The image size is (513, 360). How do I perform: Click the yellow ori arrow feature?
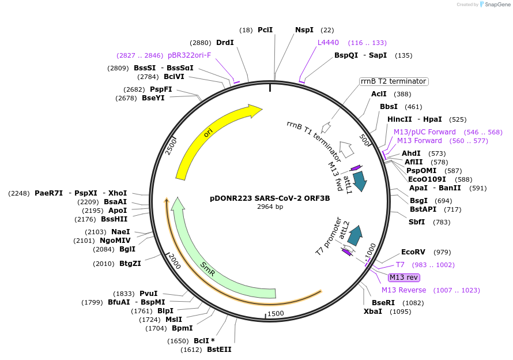pos(208,136)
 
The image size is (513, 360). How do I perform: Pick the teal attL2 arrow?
pos(355,234)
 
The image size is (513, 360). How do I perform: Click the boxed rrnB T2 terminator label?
pos(394,81)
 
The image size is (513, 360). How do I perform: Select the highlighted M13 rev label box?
pos(404,277)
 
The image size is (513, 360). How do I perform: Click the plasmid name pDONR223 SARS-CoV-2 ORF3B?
pos(270,198)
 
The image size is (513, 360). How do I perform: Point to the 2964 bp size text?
pos(270,207)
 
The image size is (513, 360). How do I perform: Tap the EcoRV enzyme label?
pos(413,252)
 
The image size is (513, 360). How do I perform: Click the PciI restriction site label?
pos(265,29)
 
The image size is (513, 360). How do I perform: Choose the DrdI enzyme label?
pos(225,43)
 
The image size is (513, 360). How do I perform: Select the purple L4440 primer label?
pos(329,43)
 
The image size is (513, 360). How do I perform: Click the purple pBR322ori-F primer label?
pos(189,55)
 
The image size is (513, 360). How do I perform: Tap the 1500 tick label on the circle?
pos(276,313)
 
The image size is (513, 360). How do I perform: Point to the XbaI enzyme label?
pos(372,312)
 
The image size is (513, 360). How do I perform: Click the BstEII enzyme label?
pos(219,350)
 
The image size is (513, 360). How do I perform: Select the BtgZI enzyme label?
pos(130,264)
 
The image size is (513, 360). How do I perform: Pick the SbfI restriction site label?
pos(417,222)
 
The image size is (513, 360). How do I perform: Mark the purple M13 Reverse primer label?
pos(404,290)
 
